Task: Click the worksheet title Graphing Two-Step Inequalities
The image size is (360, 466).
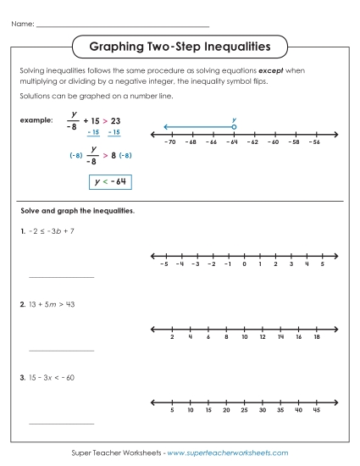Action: click(x=180, y=42)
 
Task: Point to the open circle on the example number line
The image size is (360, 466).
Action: click(x=234, y=127)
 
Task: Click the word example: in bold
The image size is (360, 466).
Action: click(x=36, y=120)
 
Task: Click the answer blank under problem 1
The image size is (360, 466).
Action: click(x=61, y=276)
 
